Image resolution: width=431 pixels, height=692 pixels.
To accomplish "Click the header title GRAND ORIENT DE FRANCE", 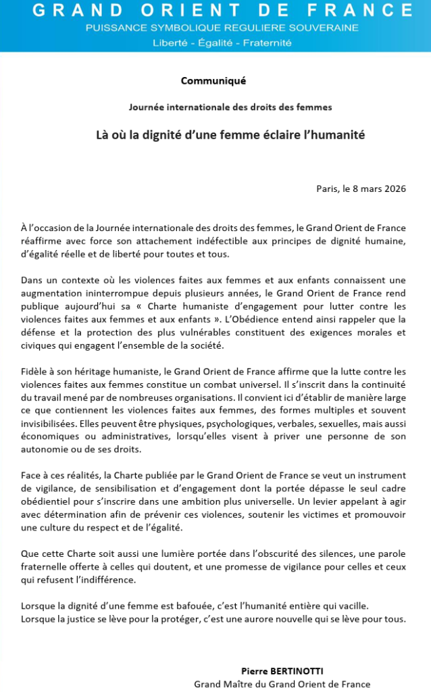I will pyautogui.click(x=215, y=11).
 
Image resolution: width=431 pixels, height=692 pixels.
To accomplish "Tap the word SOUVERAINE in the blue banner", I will pyautogui.click(x=323, y=28).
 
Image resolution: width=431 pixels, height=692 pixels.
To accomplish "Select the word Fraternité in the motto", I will pyautogui.click(x=268, y=42).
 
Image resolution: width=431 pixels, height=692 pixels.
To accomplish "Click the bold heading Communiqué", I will pyautogui.click(x=213, y=81).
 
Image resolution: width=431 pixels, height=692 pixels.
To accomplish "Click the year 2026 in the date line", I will pyautogui.click(x=392, y=189).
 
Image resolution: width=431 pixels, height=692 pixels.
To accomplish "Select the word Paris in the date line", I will pyautogui.click(x=328, y=189).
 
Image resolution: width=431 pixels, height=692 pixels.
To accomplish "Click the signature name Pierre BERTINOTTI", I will pyautogui.click(x=282, y=671).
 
